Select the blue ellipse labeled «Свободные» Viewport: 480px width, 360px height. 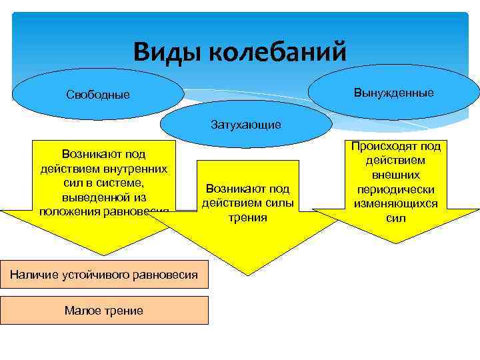(x=98, y=95)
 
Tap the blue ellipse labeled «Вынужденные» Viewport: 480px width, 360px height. (x=394, y=92)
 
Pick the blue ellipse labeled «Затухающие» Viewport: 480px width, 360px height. (x=246, y=124)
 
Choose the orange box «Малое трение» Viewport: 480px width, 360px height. (x=104, y=310)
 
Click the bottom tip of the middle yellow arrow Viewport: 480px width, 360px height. (x=248, y=275)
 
